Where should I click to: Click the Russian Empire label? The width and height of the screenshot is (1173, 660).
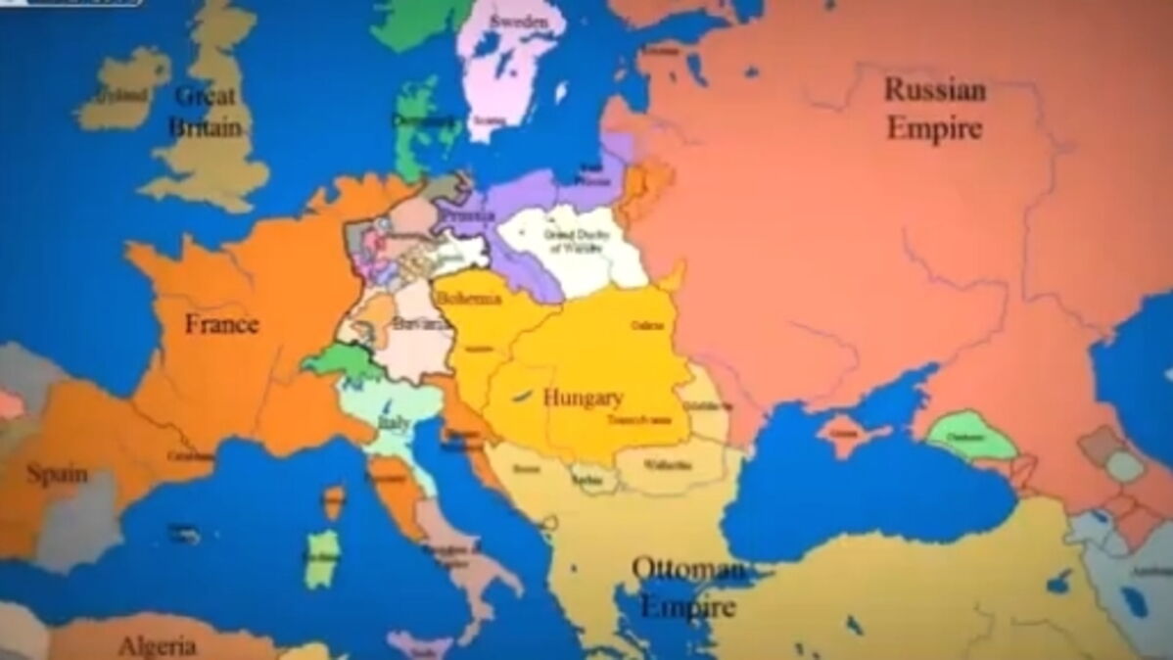click(934, 109)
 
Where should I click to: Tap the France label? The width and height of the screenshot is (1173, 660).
click(222, 324)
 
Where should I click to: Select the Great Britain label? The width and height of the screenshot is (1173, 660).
click(206, 111)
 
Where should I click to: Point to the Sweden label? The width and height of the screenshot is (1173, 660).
click(519, 21)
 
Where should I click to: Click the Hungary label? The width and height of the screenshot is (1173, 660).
click(583, 398)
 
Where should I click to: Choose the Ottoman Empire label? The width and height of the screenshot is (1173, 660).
click(688, 588)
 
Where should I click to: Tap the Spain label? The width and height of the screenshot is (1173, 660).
click(56, 475)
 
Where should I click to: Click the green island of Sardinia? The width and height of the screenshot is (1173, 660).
click(321, 559)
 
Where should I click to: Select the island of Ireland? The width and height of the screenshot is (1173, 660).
click(122, 90)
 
